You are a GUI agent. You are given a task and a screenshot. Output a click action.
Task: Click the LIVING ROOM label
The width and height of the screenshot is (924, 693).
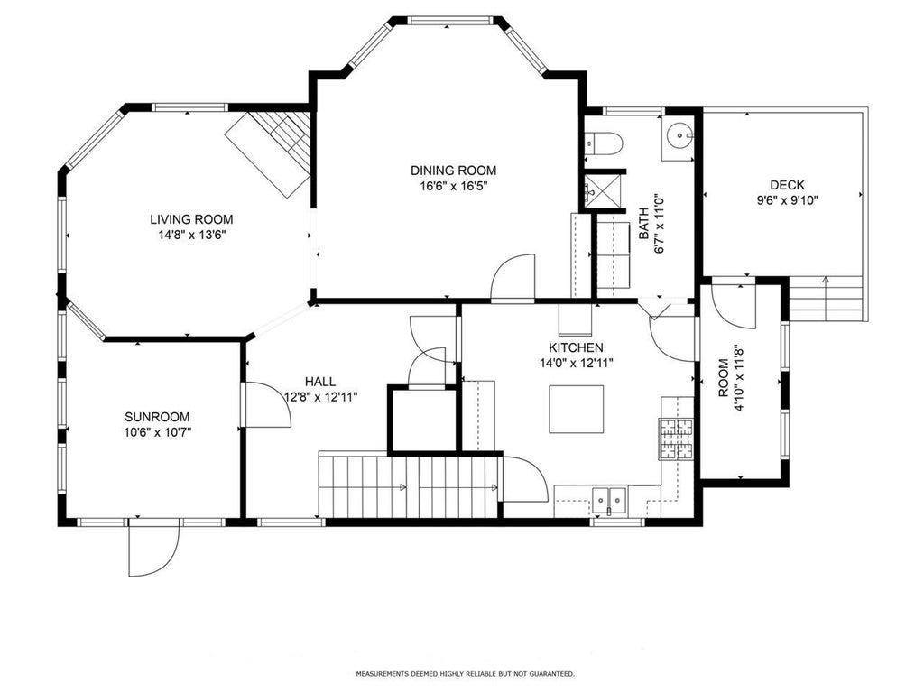click(x=191, y=219)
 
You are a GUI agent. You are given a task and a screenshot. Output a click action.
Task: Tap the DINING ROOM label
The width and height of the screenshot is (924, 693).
click(x=453, y=171)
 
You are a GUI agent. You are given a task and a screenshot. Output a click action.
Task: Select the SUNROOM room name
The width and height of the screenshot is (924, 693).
click(x=157, y=417)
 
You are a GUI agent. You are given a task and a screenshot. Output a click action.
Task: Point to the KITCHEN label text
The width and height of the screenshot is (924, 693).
click(x=576, y=347)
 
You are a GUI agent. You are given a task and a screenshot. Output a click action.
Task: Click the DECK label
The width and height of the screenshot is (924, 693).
click(x=787, y=185)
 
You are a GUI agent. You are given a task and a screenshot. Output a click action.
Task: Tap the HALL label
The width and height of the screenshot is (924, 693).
click(x=320, y=382)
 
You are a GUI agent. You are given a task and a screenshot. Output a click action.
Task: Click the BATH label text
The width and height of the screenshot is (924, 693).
click(x=644, y=224)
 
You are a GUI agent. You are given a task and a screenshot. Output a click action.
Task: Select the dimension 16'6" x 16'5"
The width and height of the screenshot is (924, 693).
click(x=453, y=186)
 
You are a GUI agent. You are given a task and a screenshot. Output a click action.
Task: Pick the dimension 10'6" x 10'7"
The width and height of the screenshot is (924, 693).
click(x=157, y=432)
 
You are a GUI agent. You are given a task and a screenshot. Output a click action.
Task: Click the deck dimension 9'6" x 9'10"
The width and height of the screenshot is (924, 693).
click(x=787, y=200)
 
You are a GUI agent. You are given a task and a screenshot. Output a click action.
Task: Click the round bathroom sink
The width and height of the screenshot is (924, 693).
click(x=679, y=136)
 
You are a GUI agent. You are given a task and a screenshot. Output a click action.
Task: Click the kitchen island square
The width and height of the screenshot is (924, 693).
click(x=577, y=409)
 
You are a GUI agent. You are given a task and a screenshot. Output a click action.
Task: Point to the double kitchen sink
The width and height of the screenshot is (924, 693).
click(x=609, y=501)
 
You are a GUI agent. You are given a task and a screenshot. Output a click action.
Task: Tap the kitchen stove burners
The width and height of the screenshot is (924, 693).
click(x=677, y=439)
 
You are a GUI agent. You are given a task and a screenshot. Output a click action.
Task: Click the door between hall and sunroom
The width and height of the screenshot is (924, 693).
click(x=266, y=405)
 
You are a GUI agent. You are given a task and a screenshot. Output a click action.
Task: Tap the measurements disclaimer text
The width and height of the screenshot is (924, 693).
click(x=466, y=673)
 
